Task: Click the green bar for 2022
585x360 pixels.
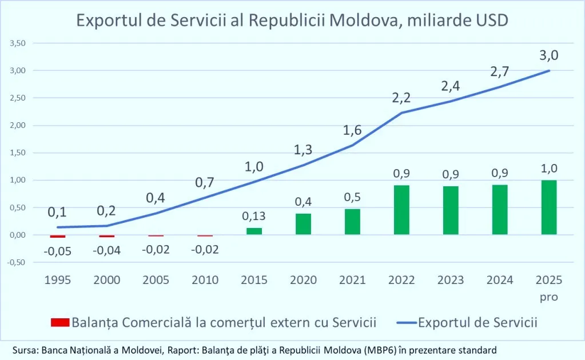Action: coord(401,210)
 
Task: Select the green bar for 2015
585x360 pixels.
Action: coord(254,231)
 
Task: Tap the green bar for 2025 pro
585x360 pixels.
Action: coord(549,207)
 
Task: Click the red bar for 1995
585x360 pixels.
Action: coord(58,236)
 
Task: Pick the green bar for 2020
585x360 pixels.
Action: coord(303,224)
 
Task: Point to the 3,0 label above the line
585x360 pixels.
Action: coord(548,55)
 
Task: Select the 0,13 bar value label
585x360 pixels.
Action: coord(254,217)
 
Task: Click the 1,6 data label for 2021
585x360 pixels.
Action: coord(352,131)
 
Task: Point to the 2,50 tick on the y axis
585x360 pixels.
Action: coord(18,98)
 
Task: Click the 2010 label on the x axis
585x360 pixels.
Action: coord(205,280)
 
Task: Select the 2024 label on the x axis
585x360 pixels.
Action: coord(500,280)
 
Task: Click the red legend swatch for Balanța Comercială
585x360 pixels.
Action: coord(59,322)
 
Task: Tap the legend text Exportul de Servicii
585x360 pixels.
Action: coord(478,322)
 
